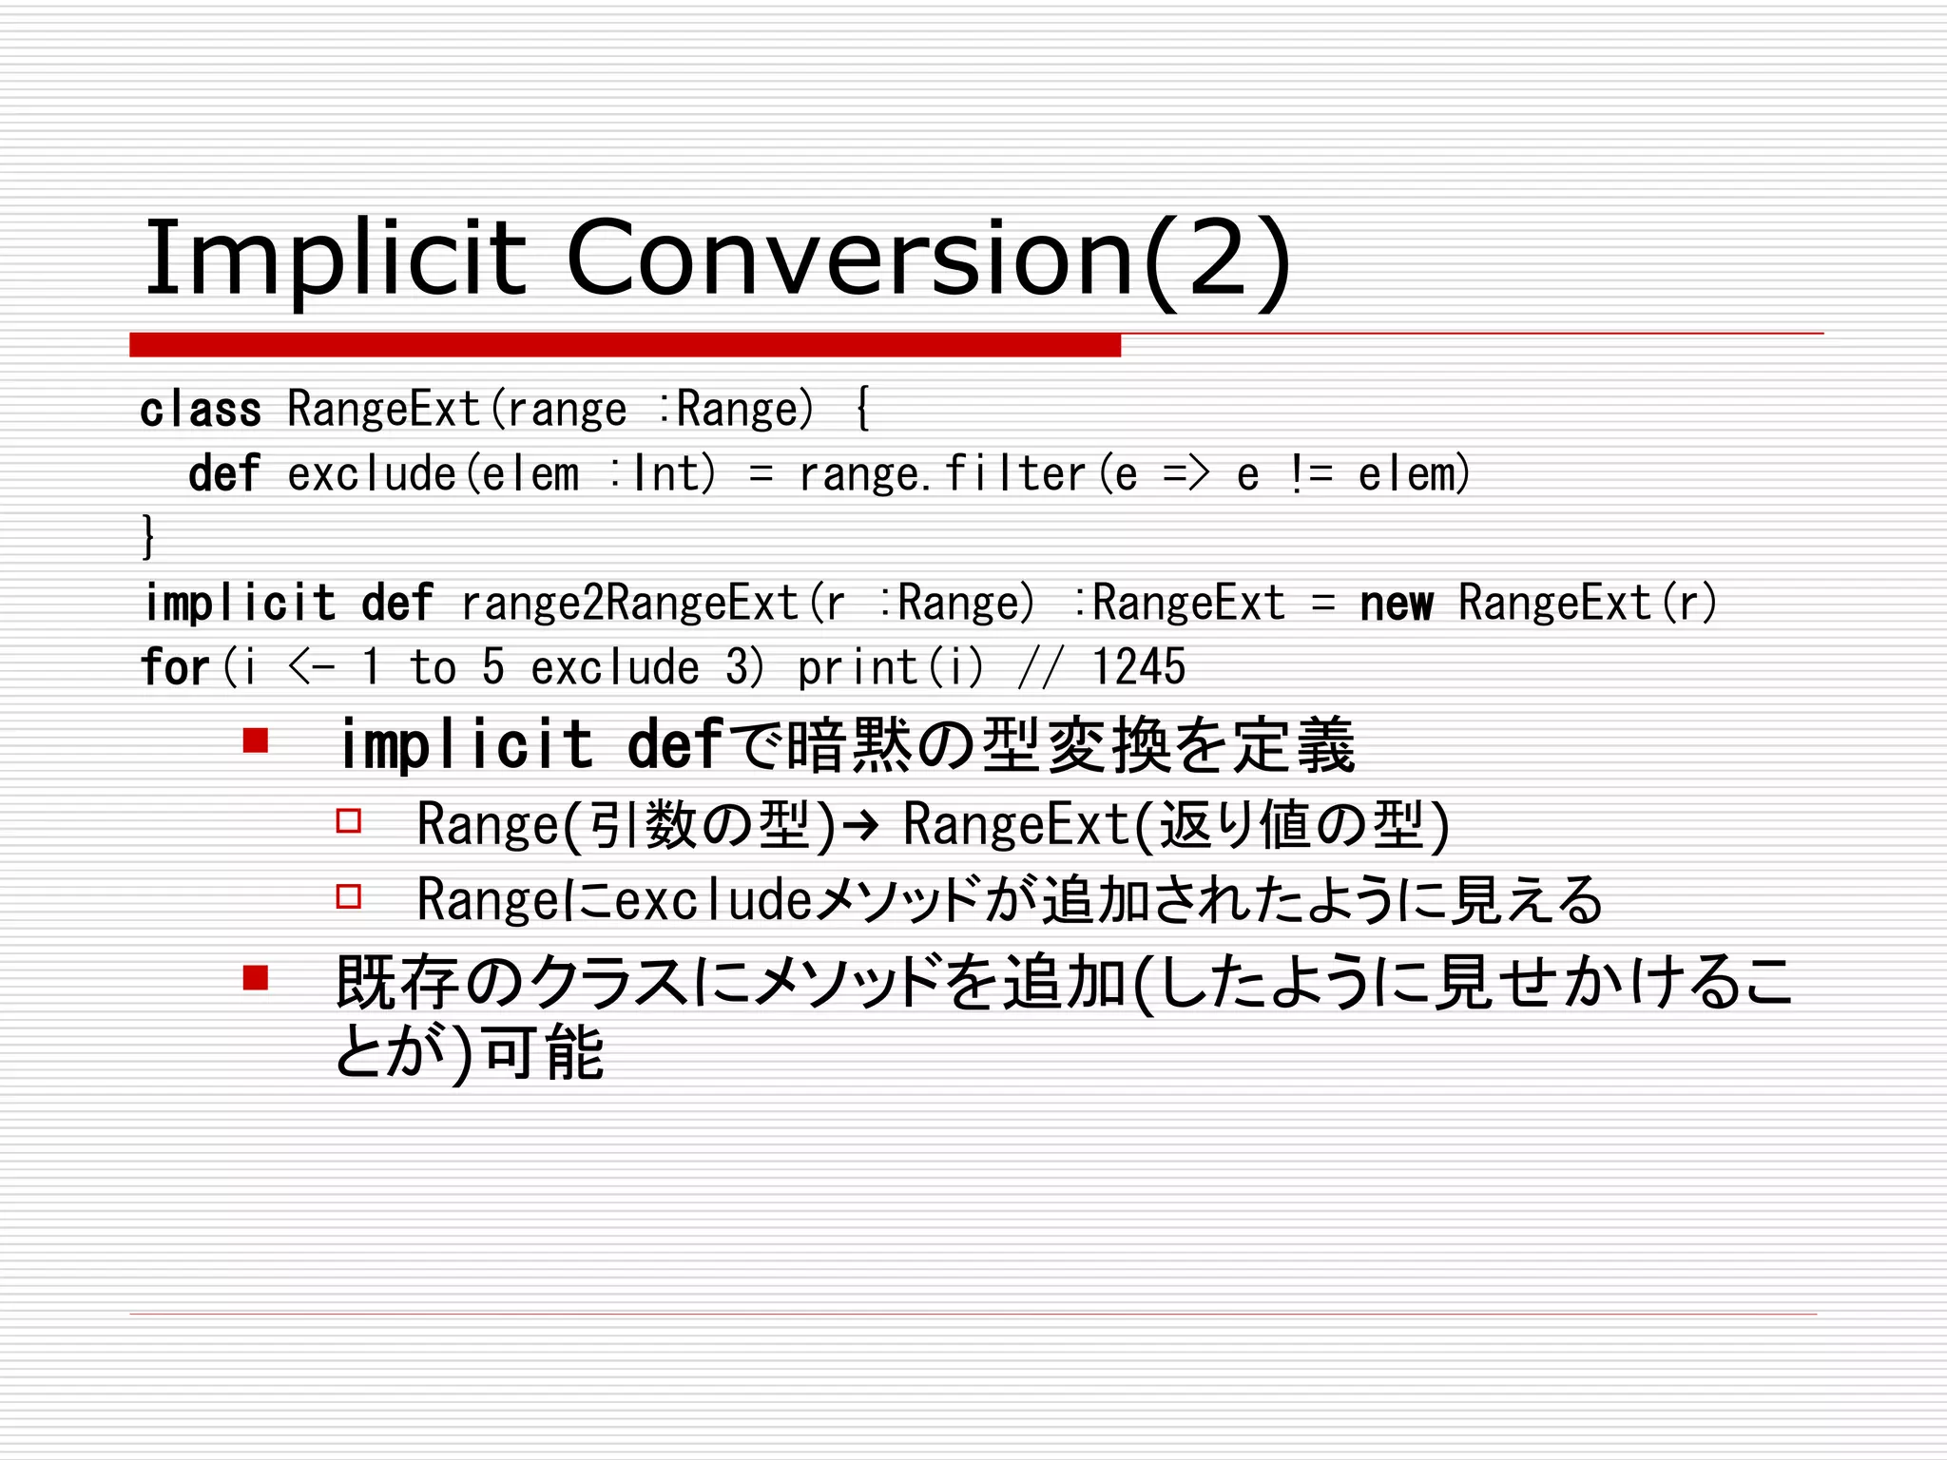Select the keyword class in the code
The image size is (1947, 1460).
pos(201,410)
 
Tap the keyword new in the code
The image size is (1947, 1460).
pos(1396,604)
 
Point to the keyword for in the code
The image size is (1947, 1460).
pos(175,666)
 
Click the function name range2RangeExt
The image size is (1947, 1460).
pos(629,604)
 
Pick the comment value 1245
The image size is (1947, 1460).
pos(1138,666)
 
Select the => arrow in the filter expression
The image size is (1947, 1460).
pos(1186,473)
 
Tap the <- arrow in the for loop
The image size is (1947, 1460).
pos(311,666)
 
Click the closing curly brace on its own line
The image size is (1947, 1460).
pos(148,536)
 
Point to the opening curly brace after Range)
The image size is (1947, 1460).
pos(862,410)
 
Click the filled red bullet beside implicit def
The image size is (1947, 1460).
pos(255,740)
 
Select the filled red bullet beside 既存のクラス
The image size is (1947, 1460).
pos(255,977)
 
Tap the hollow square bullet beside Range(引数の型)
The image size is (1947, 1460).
pos(349,820)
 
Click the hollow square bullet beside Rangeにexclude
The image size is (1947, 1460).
pos(349,896)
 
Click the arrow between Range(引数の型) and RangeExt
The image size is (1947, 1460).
pos(860,824)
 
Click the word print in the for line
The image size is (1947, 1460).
pos(858,666)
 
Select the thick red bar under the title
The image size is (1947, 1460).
pos(625,345)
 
